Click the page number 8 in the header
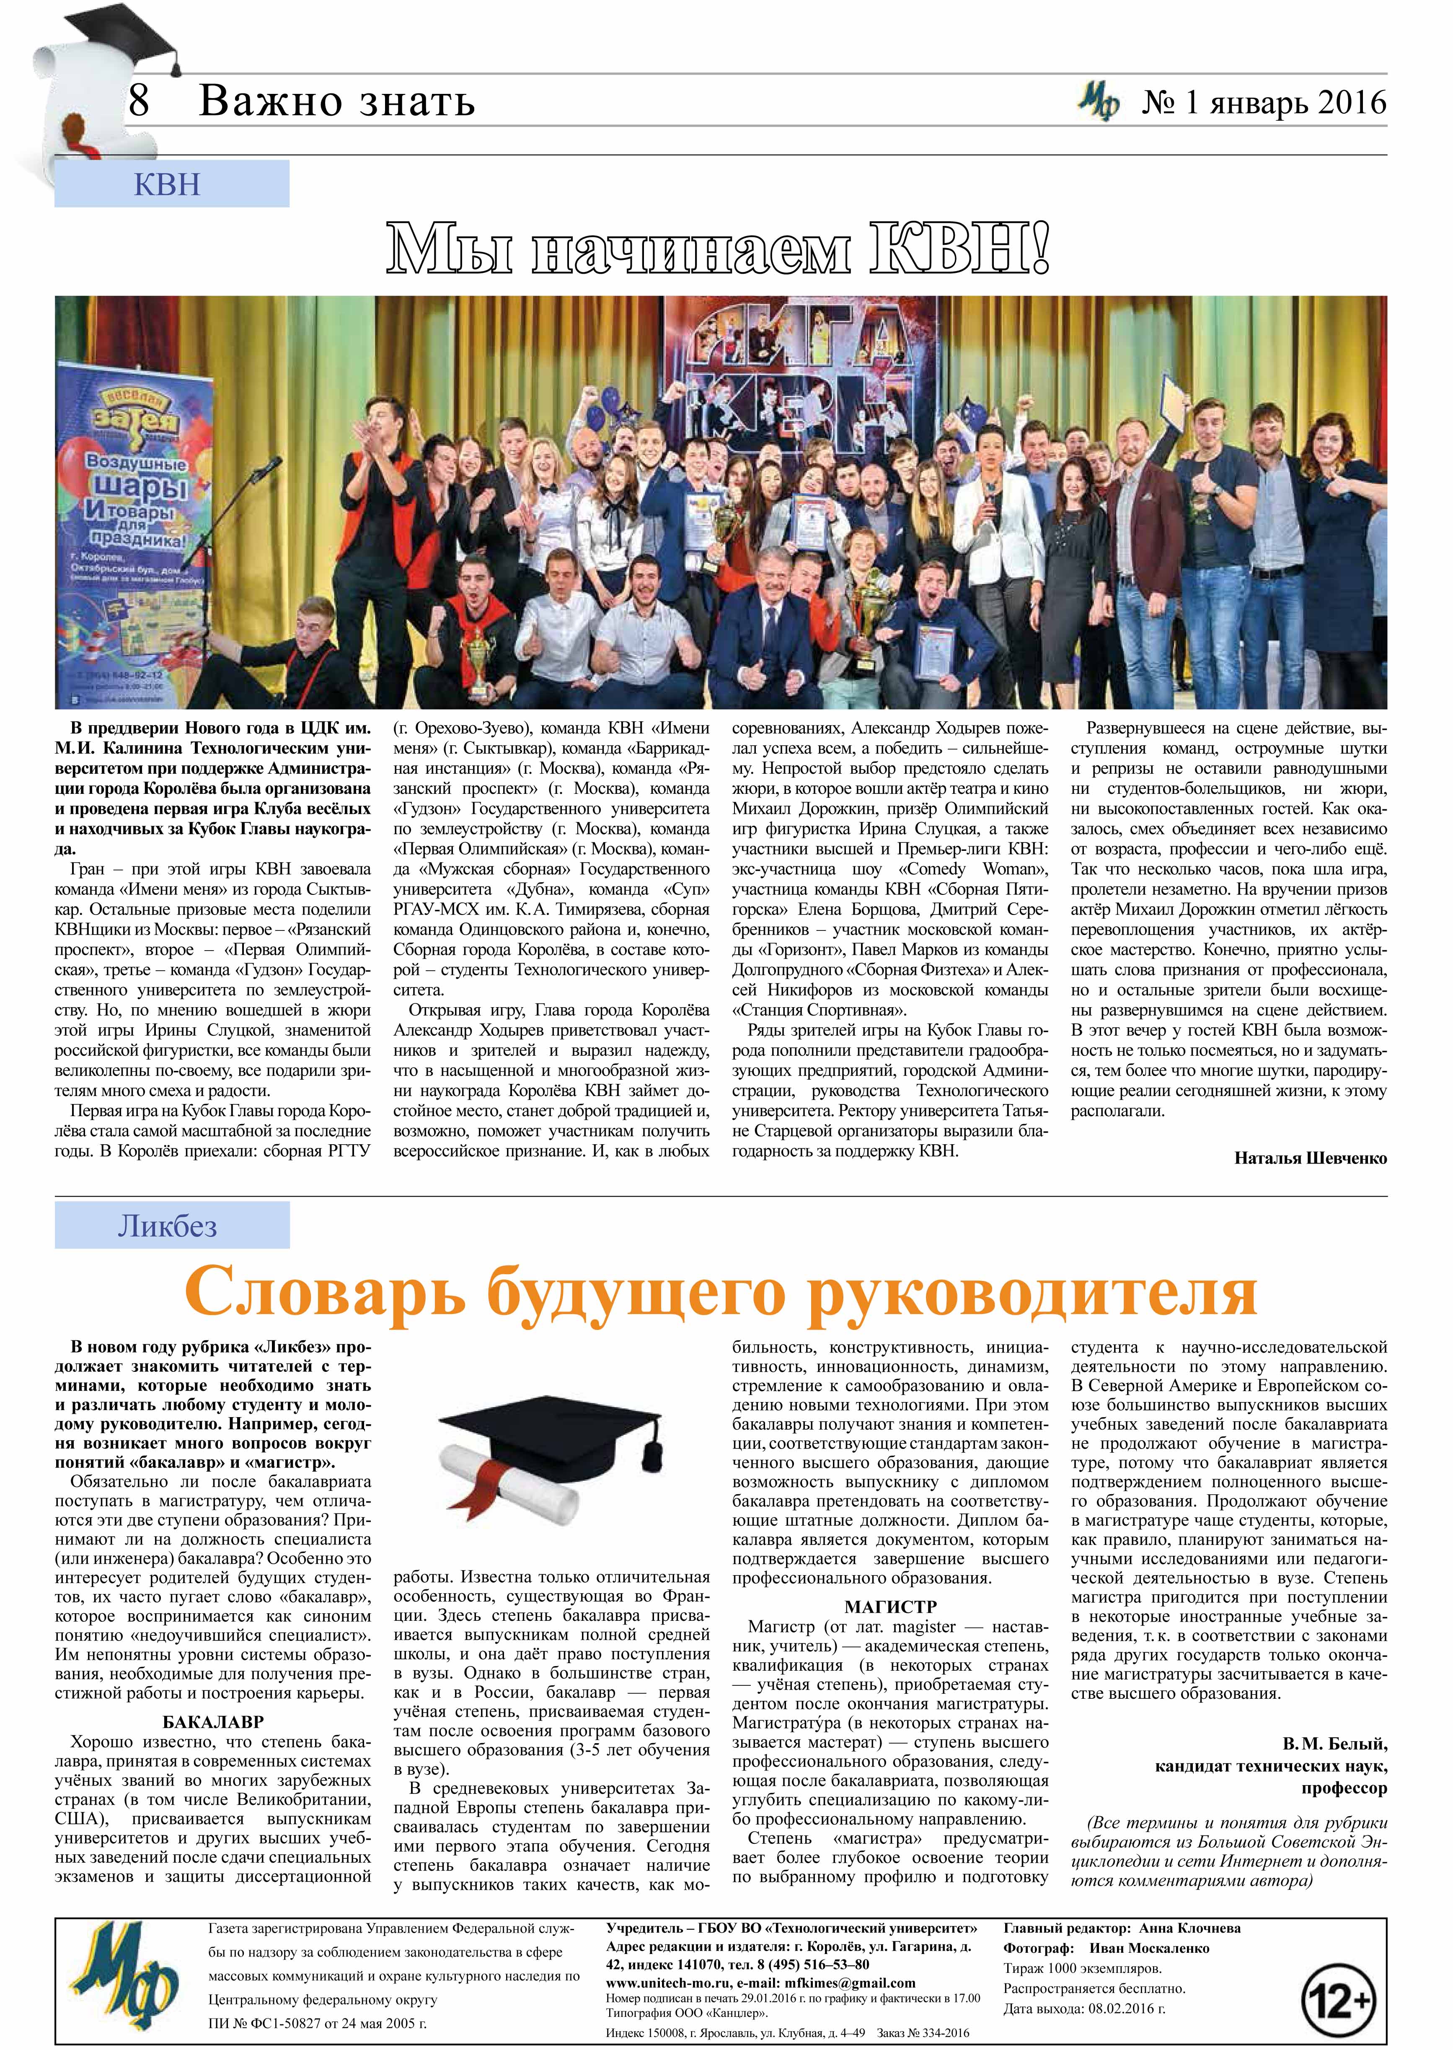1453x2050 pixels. click(139, 100)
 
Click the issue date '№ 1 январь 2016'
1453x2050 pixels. click(1263, 103)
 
